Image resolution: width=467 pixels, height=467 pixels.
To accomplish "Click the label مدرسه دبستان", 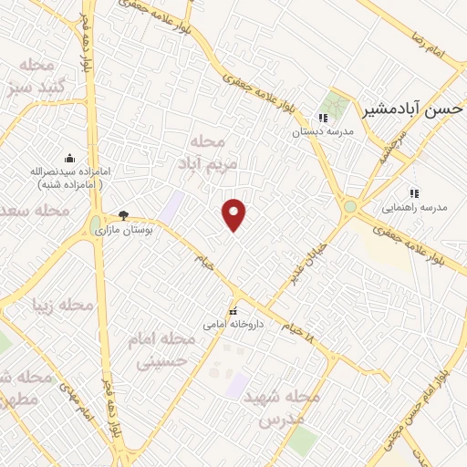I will pyautogui.click(x=321, y=132).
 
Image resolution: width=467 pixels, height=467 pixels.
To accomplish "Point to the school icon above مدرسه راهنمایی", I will pyautogui.click(x=414, y=193).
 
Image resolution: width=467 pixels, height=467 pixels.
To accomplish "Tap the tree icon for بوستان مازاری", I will pyautogui.click(x=123, y=216).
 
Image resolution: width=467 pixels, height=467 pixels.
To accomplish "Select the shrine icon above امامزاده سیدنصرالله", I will pyautogui.click(x=69, y=158).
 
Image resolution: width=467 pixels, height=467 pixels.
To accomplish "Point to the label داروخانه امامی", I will pyautogui.click(x=233, y=324).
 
